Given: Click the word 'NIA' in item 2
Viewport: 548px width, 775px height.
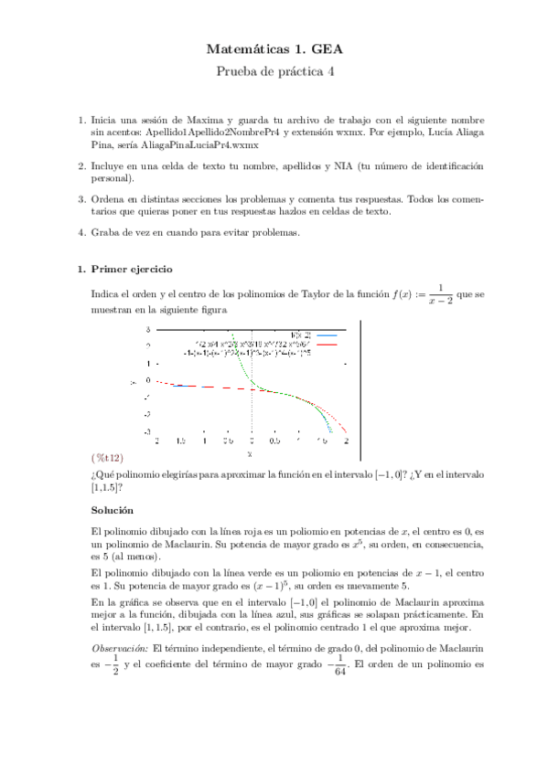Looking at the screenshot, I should (344, 166).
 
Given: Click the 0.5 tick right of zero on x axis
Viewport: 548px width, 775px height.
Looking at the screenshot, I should (274, 441).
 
